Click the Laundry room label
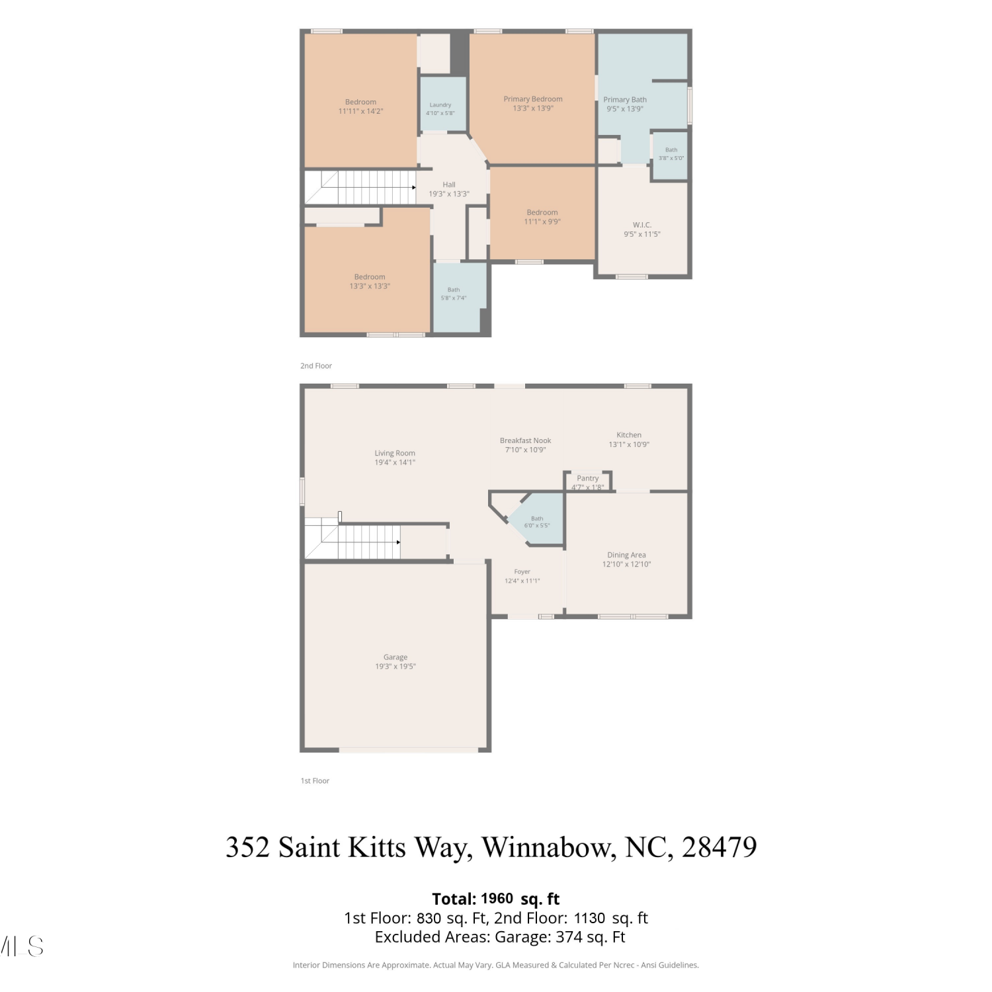(440, 105)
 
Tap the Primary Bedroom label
(533, 99)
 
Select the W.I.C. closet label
(642, 225)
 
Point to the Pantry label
(588, 478)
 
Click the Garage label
(395, 657)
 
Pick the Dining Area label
(627, 556)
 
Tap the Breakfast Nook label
(526, 440)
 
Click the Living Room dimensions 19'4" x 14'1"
(395, 463)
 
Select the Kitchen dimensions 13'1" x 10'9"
(629, 444)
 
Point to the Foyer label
(522, 572)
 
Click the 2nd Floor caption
(316, 366)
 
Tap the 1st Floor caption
(315, 781)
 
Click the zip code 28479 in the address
(720, 847)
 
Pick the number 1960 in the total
(497, 899)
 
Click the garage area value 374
(583, 937)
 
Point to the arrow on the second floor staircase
(414, 188)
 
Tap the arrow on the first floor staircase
(398, 542)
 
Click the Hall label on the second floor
(449, 185)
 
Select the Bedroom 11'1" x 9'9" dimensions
(542, 222)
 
